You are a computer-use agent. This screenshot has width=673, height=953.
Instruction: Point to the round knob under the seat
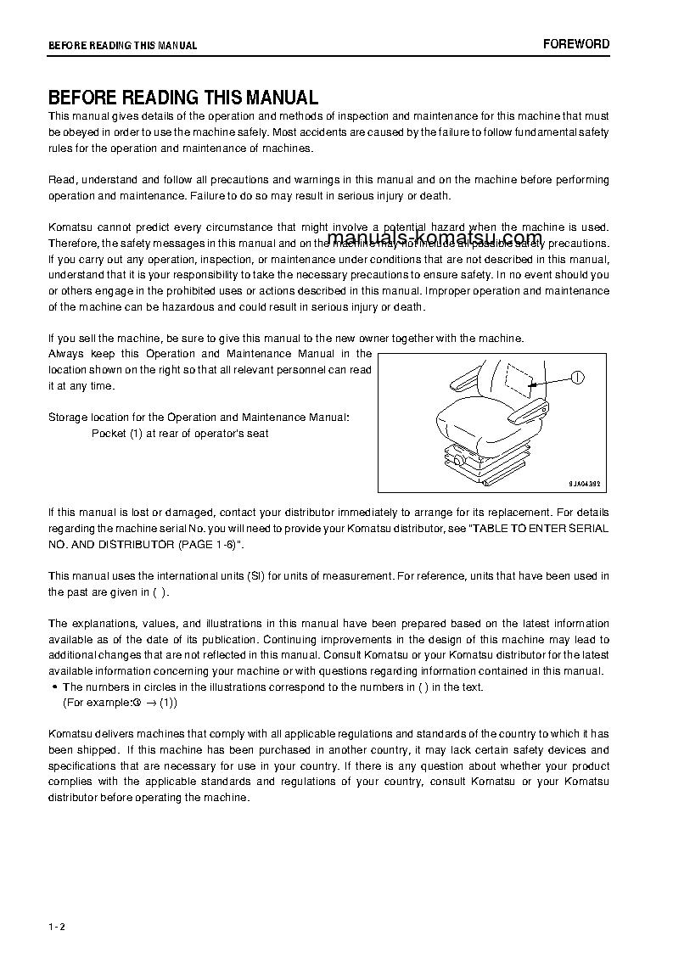[459, 459]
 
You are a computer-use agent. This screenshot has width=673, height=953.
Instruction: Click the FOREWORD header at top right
[576, 44]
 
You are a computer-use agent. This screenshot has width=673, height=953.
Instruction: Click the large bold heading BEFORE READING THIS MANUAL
[183, 98]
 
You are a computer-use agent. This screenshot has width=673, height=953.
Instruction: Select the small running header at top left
[122, 46]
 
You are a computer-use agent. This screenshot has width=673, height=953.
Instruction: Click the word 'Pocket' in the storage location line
[108, 434]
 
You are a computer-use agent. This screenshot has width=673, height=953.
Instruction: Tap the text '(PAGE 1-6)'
[204, 544]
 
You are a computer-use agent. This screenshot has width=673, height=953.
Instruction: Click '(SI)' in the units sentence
[256, 576]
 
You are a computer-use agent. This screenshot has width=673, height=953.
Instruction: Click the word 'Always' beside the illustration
[65, 354]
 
